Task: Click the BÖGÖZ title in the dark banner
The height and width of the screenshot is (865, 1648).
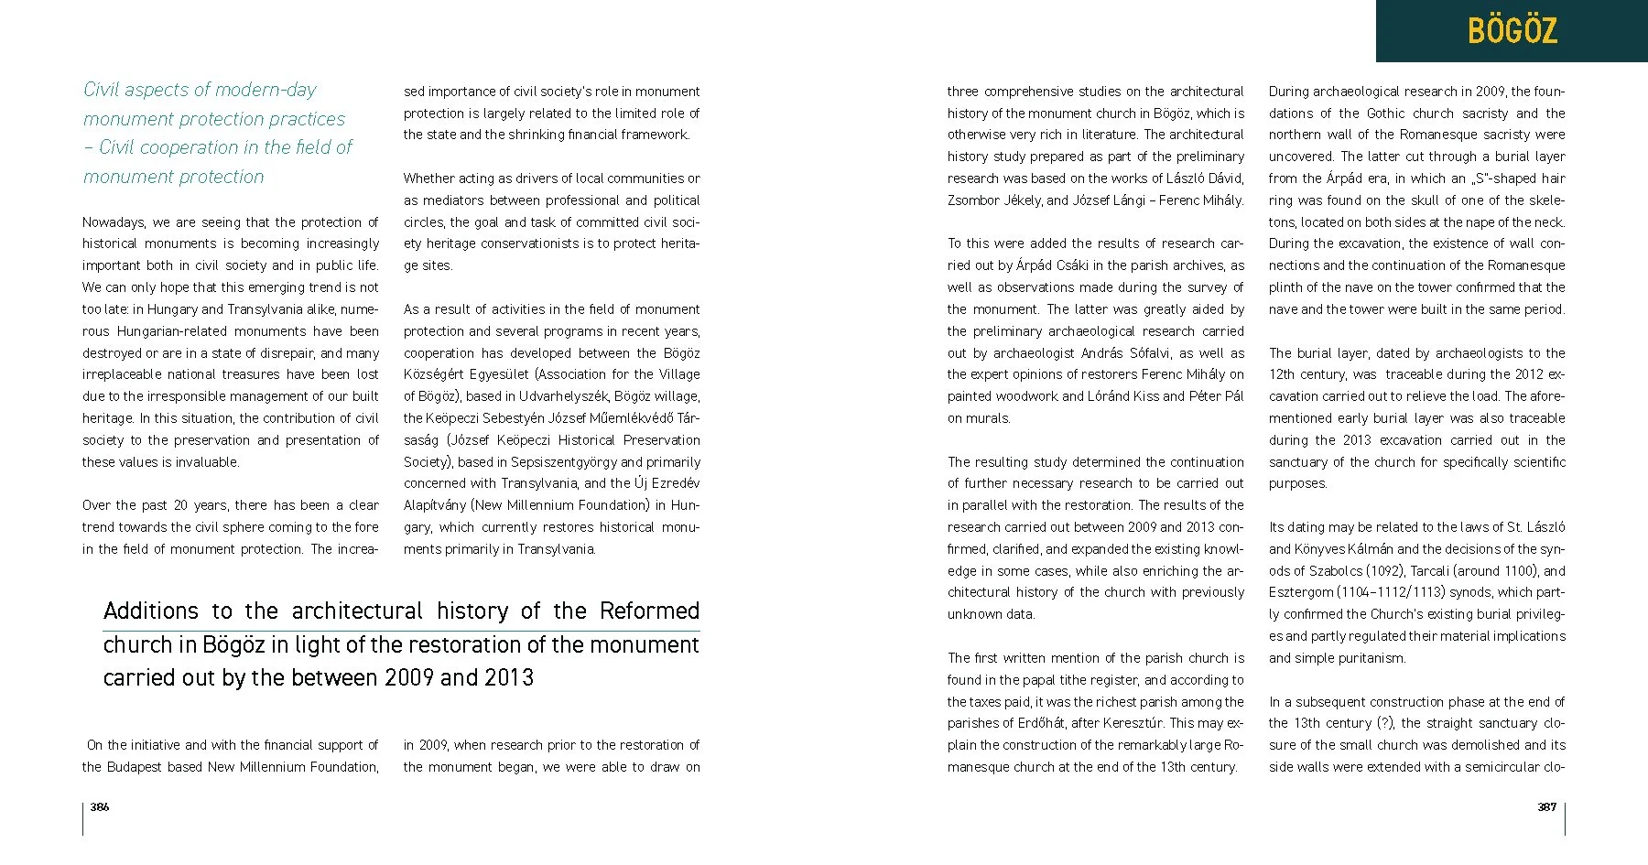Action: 1512,31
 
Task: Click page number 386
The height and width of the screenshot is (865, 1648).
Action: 100,806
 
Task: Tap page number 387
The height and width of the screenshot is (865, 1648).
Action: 1546,806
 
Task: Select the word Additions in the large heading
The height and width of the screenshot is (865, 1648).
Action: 150,611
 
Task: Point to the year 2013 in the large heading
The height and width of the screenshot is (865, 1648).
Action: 509,678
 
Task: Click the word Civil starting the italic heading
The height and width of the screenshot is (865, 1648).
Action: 102,90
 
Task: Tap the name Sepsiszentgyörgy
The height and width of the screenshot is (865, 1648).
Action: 563,462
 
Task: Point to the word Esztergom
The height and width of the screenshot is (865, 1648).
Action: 1301,592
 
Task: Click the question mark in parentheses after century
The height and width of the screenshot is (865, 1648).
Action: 1387,723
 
